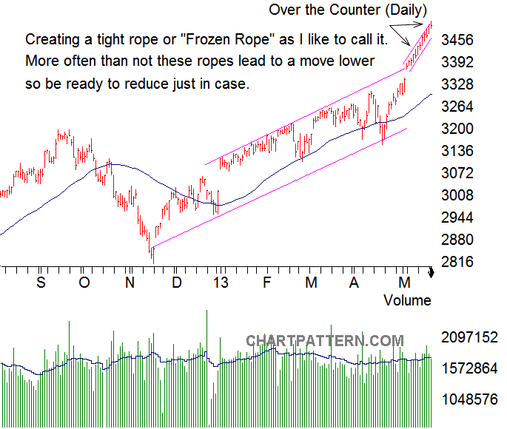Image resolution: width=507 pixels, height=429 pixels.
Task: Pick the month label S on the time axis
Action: [41, 283]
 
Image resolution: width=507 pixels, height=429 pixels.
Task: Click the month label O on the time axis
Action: [84, 283]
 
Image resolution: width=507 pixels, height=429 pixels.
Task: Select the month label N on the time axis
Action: [130, 283]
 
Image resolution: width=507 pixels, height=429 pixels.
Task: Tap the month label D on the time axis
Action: [176, 283]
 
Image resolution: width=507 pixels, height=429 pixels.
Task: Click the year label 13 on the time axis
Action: [220, 283]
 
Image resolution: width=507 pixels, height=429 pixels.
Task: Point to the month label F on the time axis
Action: [266, 283]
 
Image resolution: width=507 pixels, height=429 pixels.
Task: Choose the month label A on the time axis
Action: [355, 283]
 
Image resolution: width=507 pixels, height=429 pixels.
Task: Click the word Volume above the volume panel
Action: [407, 300]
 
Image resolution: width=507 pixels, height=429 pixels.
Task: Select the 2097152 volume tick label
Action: [470, 337]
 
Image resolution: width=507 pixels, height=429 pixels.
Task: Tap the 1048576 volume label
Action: [470, 399]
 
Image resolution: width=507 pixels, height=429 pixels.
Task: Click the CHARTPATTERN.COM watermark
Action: [325, 341]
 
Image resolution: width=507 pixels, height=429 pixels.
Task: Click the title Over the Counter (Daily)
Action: [348, 10]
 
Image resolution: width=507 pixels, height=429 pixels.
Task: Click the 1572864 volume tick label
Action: [470, 368]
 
